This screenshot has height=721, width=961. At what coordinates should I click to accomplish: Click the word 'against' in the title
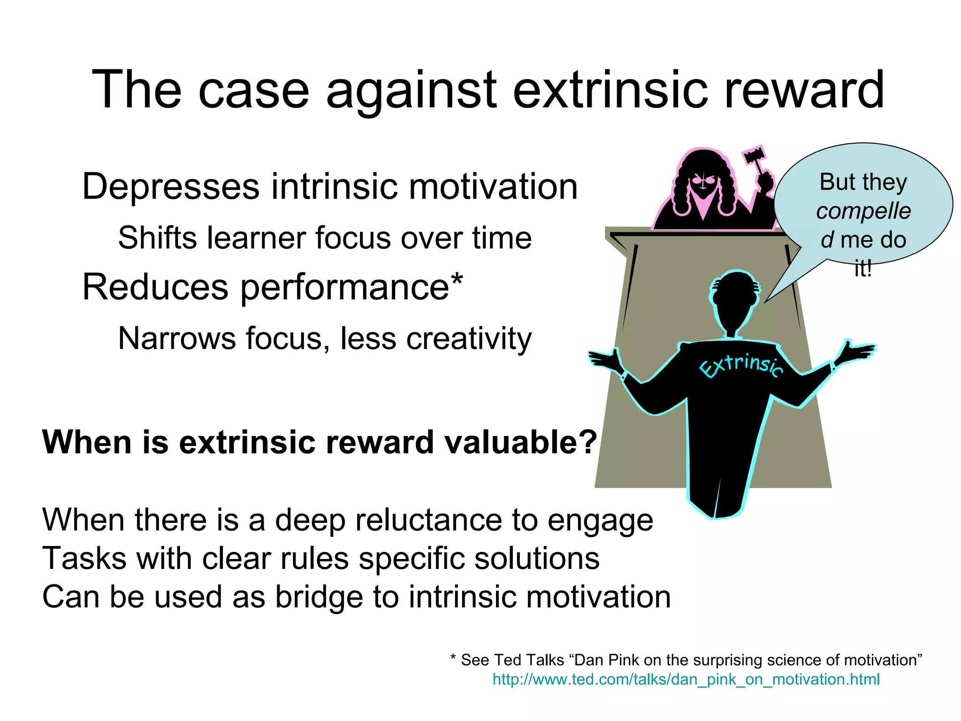411,90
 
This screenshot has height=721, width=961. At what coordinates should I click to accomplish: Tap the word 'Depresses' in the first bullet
170,187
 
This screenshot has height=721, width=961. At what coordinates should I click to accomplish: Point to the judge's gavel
754,155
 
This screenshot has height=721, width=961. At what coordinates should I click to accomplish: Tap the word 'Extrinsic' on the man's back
741,365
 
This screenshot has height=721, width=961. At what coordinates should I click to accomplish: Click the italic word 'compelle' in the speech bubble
863,211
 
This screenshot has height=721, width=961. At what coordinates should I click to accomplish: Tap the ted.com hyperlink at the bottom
686,679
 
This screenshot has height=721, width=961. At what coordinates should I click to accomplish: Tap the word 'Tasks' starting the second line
84,559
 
